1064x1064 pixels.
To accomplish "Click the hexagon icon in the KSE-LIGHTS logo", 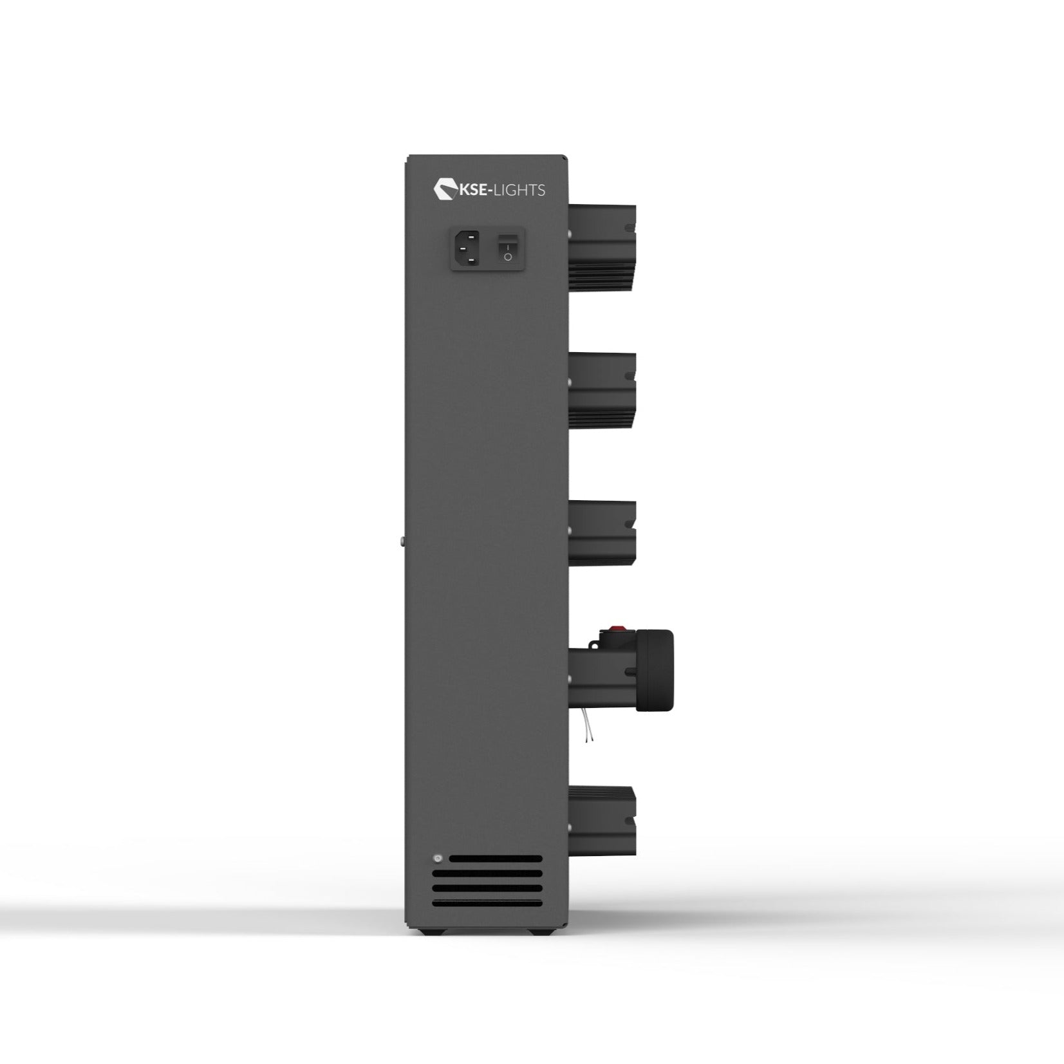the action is point(444,189).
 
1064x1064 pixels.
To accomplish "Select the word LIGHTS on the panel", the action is point(520,190).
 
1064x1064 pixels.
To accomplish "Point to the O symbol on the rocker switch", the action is point(508,257).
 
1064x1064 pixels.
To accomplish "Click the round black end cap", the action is point(655,671).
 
